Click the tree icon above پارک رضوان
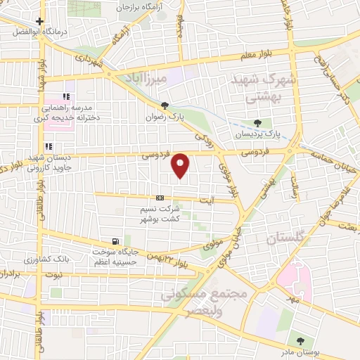[x=165, y=106]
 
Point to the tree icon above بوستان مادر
[x=301, y=341]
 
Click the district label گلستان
[x=287, y=240]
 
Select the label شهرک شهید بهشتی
[x=259, y=90]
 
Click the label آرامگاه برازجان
[x=148, y=6]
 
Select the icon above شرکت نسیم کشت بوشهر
[x=161, y=198]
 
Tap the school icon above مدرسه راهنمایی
[x=65, y=96]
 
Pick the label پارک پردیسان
[x=257, y=134]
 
